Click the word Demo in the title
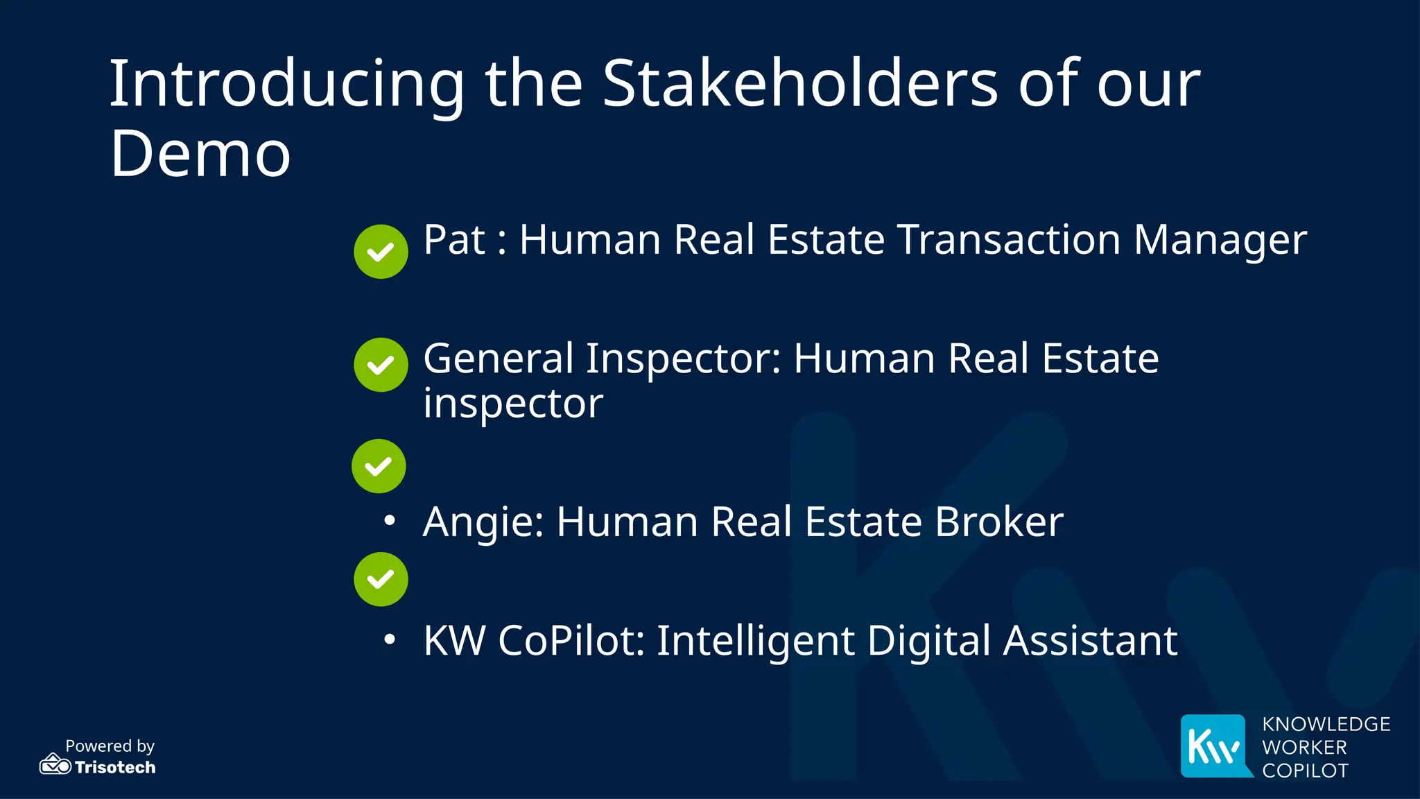[200, 153]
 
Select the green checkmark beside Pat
[381, 252]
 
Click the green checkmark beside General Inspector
[381, 365]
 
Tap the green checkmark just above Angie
[379, 466]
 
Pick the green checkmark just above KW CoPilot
[381, 579]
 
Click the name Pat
[454, 240]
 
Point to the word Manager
[1220, 241]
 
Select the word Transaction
[1009, 240]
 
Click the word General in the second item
[499, 359]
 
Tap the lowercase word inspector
[513, 404]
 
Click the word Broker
[998, 522]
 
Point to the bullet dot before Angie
[390, 520]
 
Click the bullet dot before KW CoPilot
[390, 639]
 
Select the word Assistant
[1090, 640]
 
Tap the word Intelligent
[755, 641]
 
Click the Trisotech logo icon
[55, 764]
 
